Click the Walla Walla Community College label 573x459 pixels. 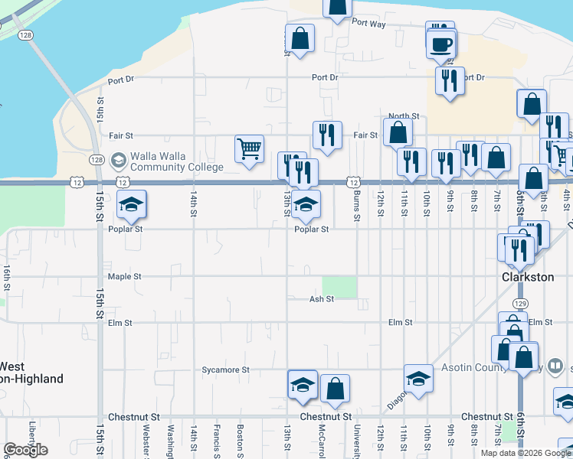click(x=176, y=161)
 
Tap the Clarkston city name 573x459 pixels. click(x=527, y=277)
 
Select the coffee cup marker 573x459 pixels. click(x=440, y=44)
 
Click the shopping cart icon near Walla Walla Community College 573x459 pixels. click(x=250, y=149)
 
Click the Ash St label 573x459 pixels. click(x=321, y=299)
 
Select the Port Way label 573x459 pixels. click(x=368, y=24)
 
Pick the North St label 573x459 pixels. click(x=404, y=116)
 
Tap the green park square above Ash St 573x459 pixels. click(x=339, y=287)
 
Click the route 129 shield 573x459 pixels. click(x=520, y=304)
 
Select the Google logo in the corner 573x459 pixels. click(x=25, y=450)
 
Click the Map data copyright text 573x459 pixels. click(x=526, y=453)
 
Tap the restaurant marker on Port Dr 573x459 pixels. click(x=449, y=80)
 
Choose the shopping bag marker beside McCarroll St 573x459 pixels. click(x=336, y=389)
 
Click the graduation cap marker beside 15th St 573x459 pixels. click(x=131, y=205)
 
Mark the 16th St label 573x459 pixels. click(x=6, y=277)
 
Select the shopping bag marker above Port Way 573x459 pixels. click(x=336, y=8)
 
